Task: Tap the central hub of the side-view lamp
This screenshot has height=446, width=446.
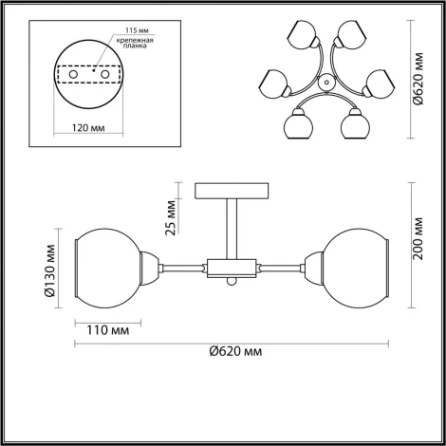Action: (x=231, y=269)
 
